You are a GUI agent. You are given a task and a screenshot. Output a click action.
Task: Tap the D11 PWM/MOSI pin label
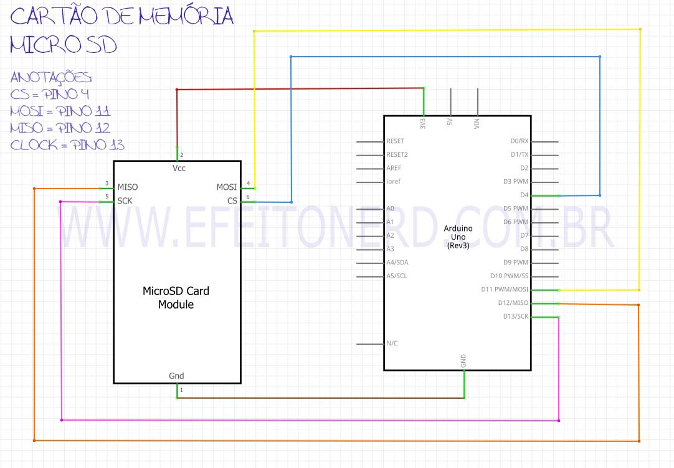pos(505,289)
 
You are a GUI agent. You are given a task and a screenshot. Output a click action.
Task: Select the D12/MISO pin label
pos(513,303)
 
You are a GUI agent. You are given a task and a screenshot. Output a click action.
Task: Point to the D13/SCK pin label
pos(515,316)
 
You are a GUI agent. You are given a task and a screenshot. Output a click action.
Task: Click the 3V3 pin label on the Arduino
pos(423,123)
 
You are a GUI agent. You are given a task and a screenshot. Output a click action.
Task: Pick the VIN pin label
pos(477,124)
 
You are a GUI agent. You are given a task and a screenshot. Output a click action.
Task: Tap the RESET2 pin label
pos(397,154)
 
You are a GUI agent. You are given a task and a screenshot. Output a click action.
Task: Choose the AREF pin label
pos(394,168)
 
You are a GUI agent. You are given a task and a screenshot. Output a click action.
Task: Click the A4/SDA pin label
pos(397,262)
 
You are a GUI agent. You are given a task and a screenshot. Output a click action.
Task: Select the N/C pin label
pos(392,343)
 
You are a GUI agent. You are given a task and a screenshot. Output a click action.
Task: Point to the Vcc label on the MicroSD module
pos(178,168)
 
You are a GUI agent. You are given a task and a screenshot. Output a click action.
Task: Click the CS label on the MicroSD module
pos(232,200)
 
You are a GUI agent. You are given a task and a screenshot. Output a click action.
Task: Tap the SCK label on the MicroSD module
pos(125,200)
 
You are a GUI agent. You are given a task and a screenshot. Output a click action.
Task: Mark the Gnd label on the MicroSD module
pos(176,375)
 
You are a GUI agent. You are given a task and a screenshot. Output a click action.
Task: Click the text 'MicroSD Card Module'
pos(176,297)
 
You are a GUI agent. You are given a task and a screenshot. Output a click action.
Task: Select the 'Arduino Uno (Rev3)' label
pos(458,236)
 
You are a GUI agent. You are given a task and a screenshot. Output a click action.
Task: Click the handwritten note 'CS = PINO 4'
pos(50,95)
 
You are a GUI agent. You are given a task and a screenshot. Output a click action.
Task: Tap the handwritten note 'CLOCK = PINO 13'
pos(67,145)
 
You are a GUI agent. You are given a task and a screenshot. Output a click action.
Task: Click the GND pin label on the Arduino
pos(463,361)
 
